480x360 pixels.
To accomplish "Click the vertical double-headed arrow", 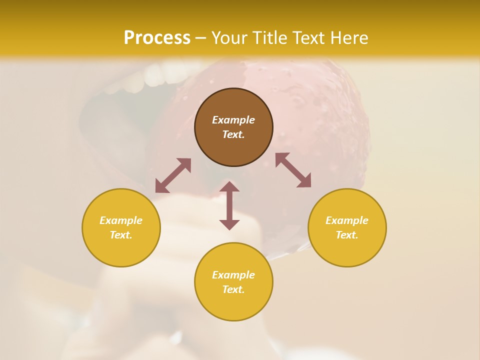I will click(x=229, y=205).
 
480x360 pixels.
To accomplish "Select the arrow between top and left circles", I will click(x=173, y=175).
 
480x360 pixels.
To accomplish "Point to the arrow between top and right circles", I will click(x=293, y=170).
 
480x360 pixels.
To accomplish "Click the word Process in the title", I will click(x=157, y=37).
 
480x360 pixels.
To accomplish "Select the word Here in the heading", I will click(x=349, y=37).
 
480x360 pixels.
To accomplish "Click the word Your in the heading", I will click(x=229, y=37).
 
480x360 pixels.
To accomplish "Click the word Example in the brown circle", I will click(x=233, y=120).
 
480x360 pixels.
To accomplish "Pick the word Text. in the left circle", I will click(x=121, y=235).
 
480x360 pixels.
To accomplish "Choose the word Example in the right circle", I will click(x=347, y=220).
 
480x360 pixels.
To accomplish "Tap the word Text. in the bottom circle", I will click(x=233, y=289).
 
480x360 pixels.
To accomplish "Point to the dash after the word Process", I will click(x=200, y=38).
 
